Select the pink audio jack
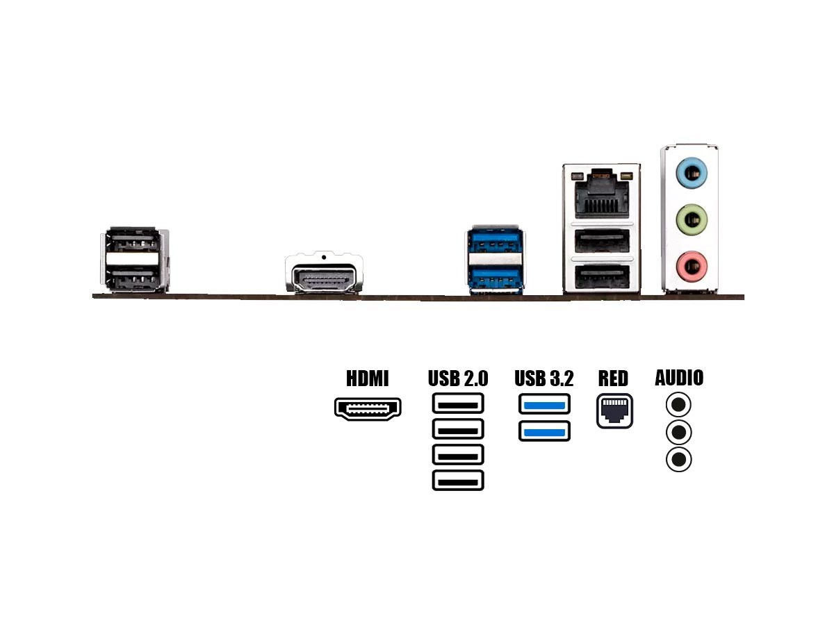[691, 264]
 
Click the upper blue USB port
[495, 246]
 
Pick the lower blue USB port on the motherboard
[495, 280]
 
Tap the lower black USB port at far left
[135, 281]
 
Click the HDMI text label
[368, 378]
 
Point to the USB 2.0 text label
[458, 378]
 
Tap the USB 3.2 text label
[544, 378]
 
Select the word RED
[613, 378]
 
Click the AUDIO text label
[679, 378]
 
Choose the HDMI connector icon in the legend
[368, 408]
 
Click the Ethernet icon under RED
[614, 411]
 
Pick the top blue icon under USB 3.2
[544, 404]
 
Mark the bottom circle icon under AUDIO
[679, 460]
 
